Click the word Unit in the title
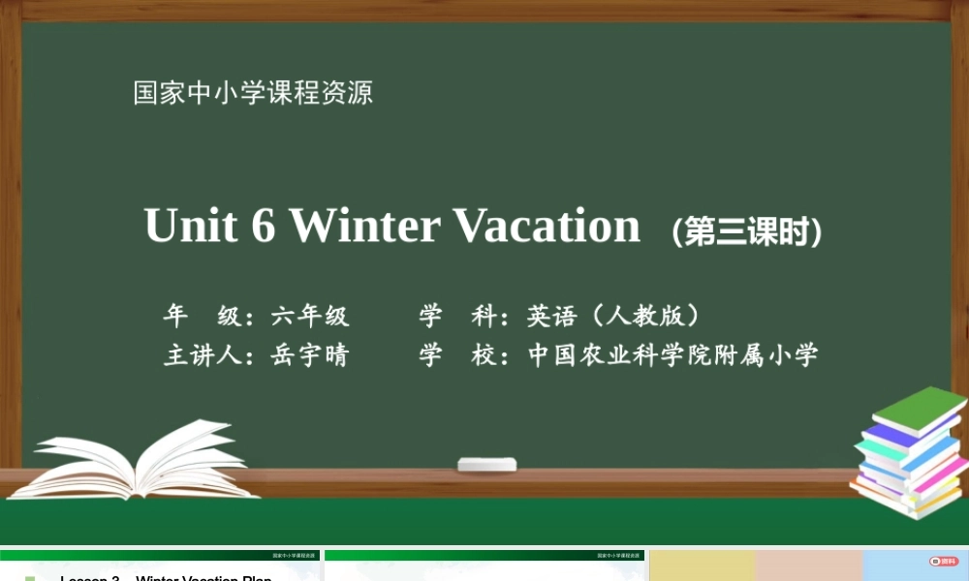[x=191, y=226]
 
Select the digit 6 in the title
[x=263, y=227]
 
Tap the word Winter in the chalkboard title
[x=365, y=226]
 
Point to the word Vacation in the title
[x=547, y=226]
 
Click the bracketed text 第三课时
[x=747, y=232]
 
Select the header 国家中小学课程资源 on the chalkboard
[x=253, y=93]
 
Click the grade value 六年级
[x=310, y=316]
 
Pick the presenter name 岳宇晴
[x=310, y=355]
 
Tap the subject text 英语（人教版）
[x=614, y=316]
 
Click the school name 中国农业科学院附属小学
[x=673, y=355]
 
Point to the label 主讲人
[x=202, y=355]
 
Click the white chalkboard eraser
[x=486, y=465]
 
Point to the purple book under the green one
[x=896, y=435]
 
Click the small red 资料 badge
[x=942, y=561]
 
